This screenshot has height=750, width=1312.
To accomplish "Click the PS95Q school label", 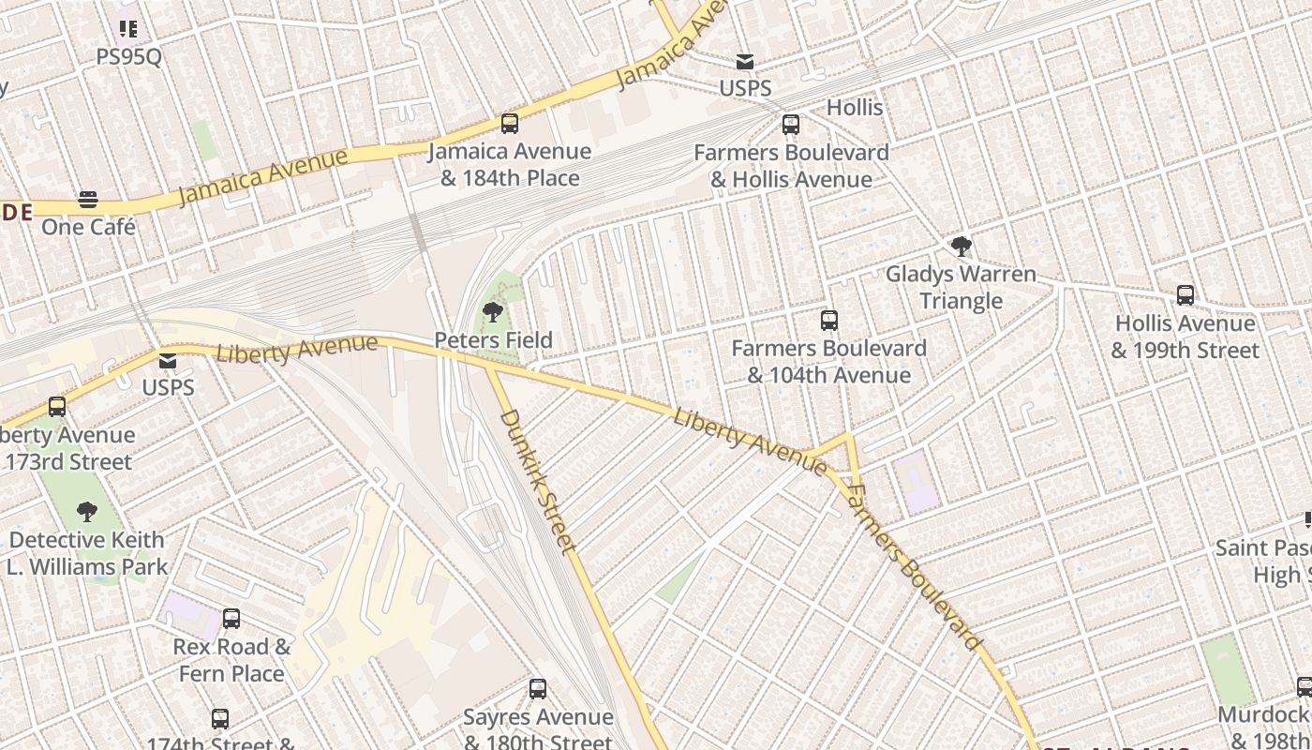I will coord(128,56).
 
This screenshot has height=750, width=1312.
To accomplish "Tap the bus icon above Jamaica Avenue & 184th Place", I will coord(510,123).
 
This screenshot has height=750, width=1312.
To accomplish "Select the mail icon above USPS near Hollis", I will coord(745,62).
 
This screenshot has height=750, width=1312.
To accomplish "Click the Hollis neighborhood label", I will coord(854,108).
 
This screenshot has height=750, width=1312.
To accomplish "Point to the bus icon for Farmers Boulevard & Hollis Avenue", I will coord(791,124).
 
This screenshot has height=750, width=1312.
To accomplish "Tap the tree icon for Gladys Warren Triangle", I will coord(961,247).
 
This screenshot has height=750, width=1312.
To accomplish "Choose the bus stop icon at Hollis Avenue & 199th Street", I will coord(1185,295).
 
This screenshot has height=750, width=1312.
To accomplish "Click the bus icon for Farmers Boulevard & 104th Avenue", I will coord(828,321).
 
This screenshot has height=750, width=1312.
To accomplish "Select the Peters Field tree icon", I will coord(493,312).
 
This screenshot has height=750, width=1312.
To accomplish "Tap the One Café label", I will coord(88,227).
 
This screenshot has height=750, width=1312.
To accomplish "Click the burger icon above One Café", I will coord(88,199).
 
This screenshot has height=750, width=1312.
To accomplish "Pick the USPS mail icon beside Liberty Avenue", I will coord(168,360).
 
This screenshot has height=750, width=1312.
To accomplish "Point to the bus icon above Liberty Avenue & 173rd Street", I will coord(57,407).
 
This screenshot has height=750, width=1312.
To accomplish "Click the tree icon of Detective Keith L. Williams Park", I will coord(87,512).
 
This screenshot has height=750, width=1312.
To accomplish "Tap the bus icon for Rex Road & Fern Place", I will coord(231,619).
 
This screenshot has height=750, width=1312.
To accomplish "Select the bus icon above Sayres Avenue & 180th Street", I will coord(538,689).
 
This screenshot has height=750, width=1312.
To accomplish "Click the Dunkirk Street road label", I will coord(538,481).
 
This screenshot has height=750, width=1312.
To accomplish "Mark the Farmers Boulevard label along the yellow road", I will coord(913,568).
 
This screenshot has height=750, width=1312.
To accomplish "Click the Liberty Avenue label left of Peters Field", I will coord(296,349).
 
